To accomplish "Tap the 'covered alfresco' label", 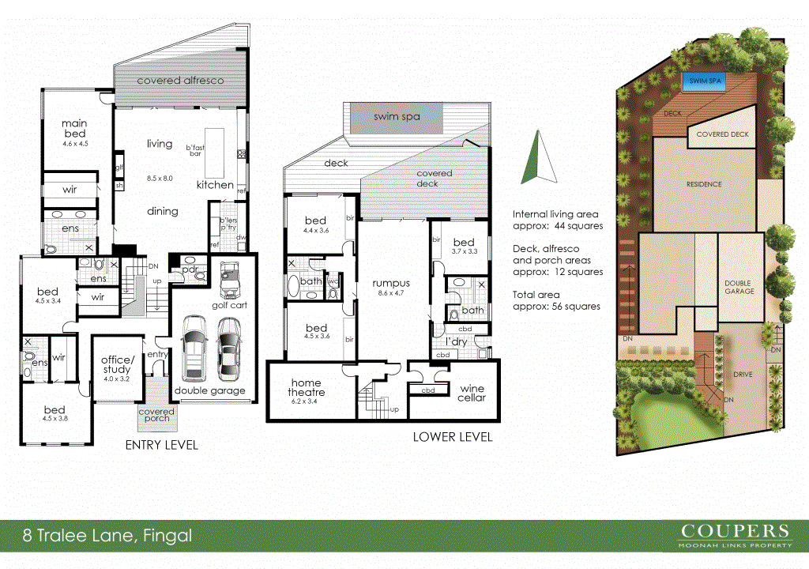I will [x=180, y=81].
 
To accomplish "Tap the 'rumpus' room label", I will [x=390, y=284].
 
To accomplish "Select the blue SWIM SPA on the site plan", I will [x=698, y=81].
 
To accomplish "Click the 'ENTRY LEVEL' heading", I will [x=161, y=446].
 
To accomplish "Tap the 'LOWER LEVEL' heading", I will [x=453, y=437].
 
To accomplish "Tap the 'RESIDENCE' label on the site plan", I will [x=703, y=184].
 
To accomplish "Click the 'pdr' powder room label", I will [x=189, y=269].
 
